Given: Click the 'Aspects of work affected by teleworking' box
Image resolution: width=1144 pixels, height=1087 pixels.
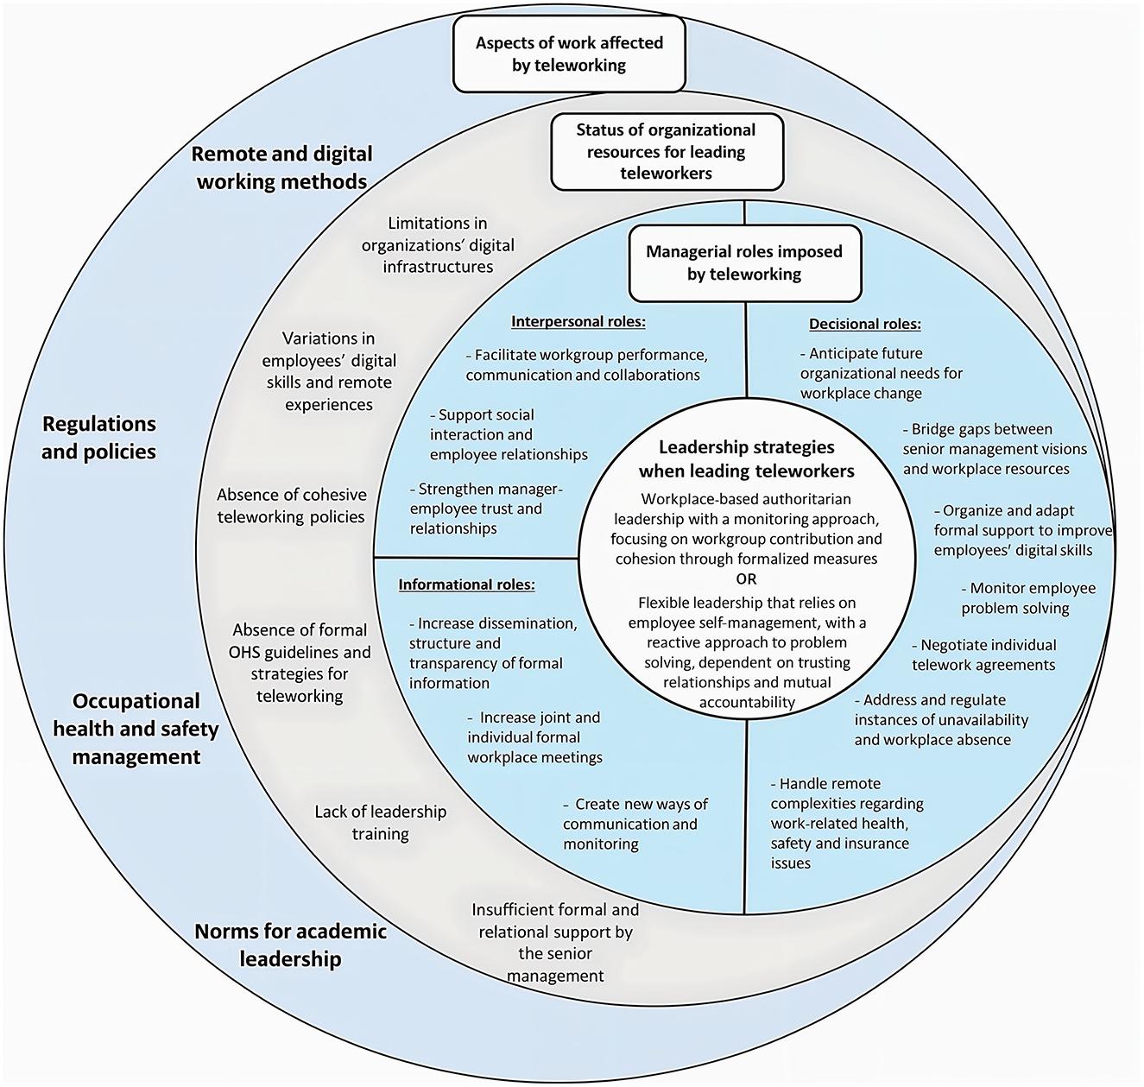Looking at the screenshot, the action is point(568,54).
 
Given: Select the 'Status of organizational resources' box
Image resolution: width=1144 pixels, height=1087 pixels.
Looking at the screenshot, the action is point(667,151).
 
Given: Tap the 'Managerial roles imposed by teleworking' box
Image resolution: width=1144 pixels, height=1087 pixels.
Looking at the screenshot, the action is point(744,263).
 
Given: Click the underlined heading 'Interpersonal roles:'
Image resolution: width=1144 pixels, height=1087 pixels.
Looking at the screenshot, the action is point(578,321).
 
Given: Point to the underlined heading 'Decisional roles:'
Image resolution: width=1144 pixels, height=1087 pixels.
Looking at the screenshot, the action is point(865,324).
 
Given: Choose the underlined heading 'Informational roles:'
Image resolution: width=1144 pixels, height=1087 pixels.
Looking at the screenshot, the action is point(467,585).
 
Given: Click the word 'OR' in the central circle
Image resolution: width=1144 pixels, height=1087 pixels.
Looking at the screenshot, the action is point(746,579).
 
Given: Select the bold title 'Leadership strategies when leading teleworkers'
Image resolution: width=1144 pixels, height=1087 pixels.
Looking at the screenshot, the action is point(747,458).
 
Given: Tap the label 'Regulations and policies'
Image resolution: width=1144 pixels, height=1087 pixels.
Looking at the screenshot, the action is point(98,438).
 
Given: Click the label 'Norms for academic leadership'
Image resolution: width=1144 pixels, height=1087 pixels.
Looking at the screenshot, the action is point(290,945).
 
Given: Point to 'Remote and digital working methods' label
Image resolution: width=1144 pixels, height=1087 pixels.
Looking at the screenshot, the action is point(281,167).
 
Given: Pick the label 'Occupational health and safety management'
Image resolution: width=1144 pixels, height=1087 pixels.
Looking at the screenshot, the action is point(136,729).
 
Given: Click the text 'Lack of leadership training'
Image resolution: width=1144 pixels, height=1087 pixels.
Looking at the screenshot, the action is point(381,822).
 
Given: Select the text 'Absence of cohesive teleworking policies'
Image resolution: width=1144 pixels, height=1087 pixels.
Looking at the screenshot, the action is point(292,506).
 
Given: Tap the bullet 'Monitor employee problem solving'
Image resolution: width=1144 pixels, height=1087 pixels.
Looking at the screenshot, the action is point(1028,597).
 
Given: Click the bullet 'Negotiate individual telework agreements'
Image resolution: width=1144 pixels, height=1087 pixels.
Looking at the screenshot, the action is point(983,654).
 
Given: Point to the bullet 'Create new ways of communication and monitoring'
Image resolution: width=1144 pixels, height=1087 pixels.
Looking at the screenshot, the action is point(635,824).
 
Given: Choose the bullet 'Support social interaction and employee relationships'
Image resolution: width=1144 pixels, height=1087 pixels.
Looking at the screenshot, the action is point(509,434).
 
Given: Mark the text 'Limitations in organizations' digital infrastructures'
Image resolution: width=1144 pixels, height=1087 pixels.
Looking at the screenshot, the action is point(438,245).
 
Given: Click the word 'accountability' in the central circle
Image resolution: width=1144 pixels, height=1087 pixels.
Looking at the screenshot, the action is point(747,702).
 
